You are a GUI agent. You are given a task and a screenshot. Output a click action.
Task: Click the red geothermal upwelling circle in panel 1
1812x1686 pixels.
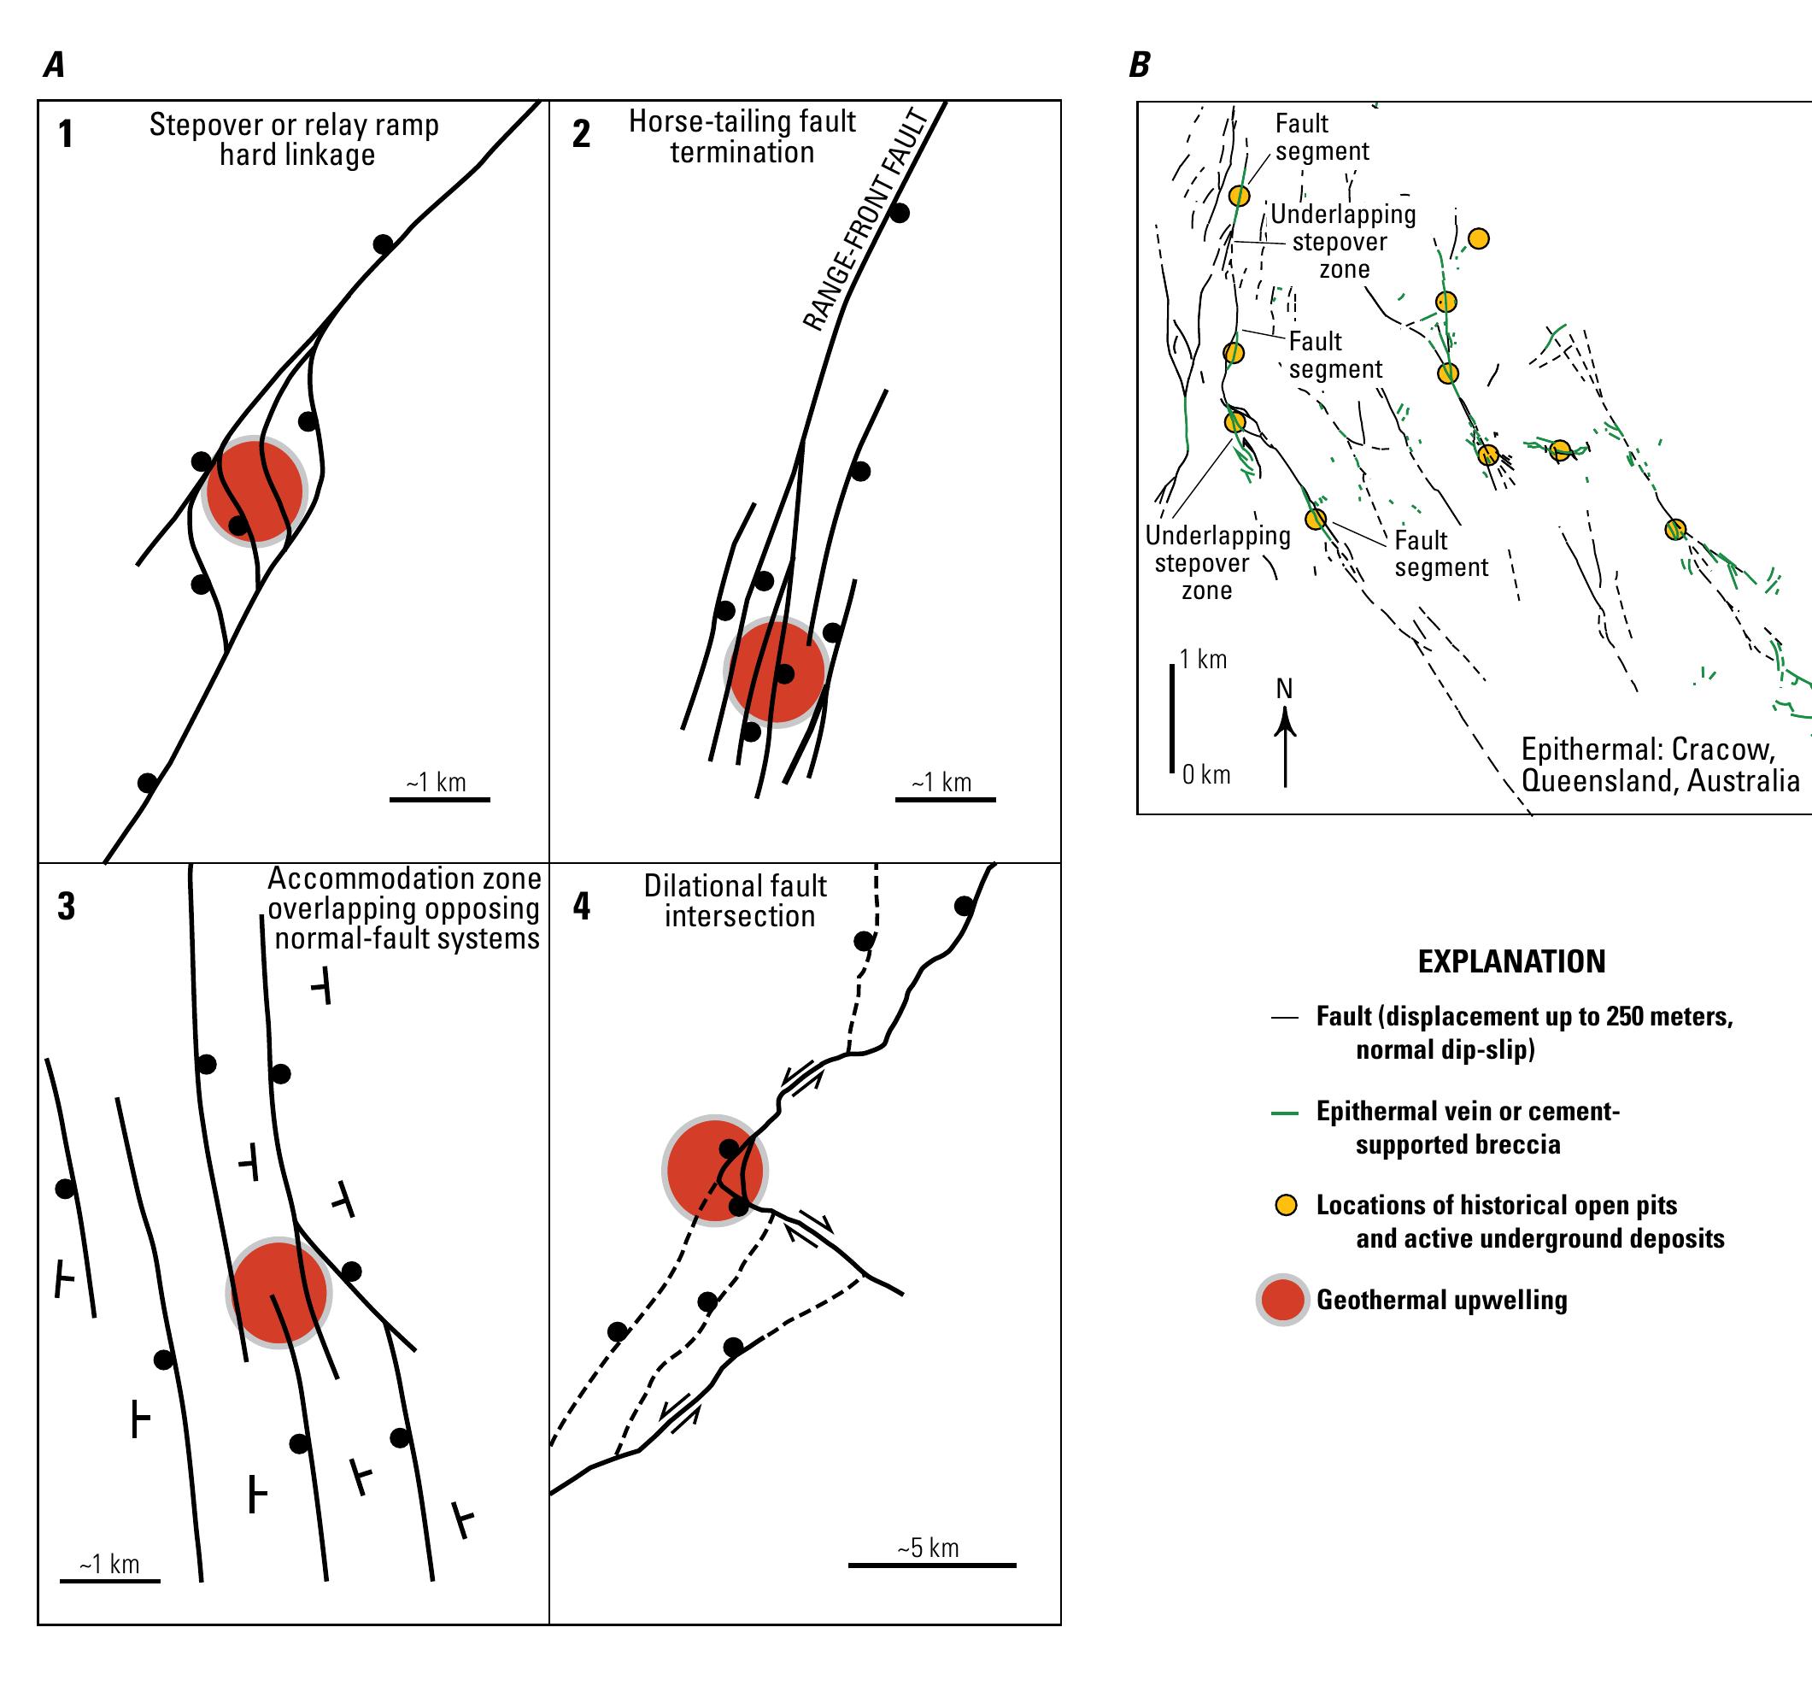click(255, 491)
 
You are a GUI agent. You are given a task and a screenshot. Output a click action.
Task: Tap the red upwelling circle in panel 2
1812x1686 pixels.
click(774, 672)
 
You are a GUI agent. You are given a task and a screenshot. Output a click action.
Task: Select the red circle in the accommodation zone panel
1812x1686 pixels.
click(277, 1293)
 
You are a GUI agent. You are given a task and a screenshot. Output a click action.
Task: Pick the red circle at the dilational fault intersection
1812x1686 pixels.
click(713, 1170)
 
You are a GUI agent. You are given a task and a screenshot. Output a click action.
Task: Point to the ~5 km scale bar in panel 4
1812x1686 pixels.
click(931, 1565)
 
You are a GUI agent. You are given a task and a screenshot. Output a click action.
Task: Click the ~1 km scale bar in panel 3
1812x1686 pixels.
click(109, 1580)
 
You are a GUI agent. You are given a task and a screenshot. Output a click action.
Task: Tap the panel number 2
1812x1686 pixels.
click(581, 134)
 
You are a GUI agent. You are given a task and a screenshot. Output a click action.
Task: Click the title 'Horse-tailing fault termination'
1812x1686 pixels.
click(742, 137)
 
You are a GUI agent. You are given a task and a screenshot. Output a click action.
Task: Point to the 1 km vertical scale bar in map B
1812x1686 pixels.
click(1172, 719)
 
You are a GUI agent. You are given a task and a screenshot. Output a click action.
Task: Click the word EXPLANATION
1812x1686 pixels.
click(1511, 961)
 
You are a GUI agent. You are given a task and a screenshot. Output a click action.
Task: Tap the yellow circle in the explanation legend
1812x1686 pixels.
click(1285, 1206)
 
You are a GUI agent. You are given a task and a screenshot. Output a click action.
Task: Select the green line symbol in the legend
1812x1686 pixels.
click(1284, 1113)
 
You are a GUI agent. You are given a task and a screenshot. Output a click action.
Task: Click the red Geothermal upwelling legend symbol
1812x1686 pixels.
click(1282, 1301)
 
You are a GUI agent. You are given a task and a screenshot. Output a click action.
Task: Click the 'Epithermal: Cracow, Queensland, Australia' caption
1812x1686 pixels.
click(1659, 765)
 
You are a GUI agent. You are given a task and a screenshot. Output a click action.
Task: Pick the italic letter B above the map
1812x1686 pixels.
click(1140, 65)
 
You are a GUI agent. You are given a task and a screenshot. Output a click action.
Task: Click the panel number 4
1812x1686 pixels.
click(581, 907)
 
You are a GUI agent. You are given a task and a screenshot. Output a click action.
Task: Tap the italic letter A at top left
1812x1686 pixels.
click(54, 65)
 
